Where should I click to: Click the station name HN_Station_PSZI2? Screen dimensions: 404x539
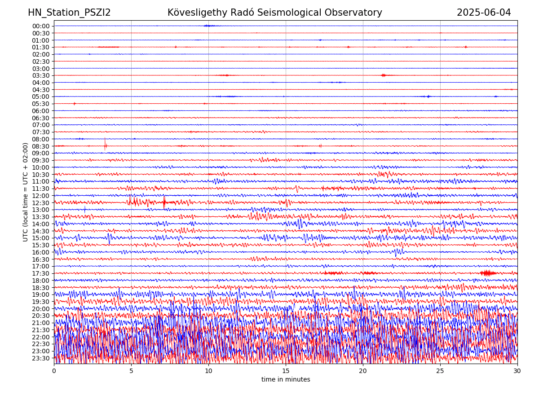[x=69, y=13]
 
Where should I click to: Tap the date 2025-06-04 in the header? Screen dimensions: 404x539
[x=484, y=13]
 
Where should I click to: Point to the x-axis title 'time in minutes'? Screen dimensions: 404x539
[x=286, y=380]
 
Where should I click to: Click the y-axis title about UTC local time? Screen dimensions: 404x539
[x=26, y=192]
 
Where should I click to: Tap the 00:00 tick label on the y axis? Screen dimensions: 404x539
[x=41, y=26]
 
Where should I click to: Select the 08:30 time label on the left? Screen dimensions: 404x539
[x=41, y=146]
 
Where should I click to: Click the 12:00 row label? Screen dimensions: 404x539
[x=41, y=196]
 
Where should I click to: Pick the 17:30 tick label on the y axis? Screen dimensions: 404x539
[x=41, y=273]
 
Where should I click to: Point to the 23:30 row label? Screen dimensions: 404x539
[x=41, y=358]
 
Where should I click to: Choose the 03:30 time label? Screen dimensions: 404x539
[x=41, y=75]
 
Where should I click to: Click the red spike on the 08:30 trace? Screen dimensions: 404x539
[x=105, y=144]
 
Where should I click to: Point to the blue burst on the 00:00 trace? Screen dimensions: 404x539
[x=208, y=26]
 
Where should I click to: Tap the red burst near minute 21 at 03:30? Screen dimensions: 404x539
[x=383, y=75]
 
